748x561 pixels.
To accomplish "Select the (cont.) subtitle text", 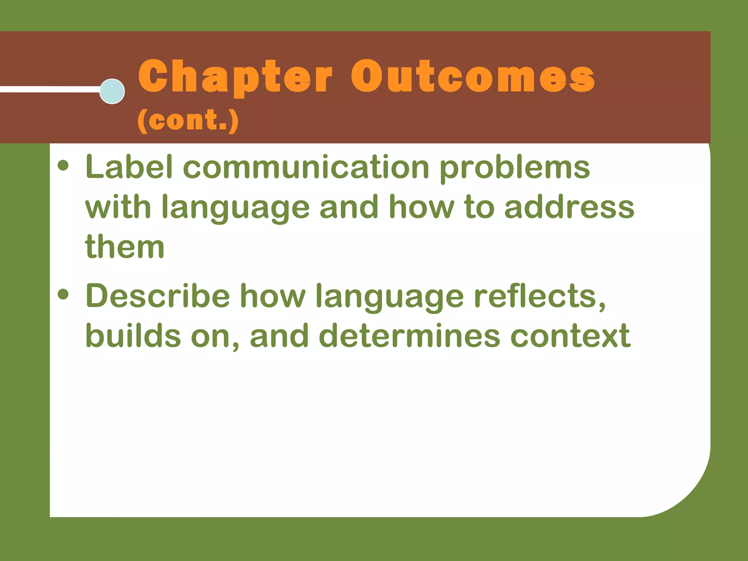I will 188,121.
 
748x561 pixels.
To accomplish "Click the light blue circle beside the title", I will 112,91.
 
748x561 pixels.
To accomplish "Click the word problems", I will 515,168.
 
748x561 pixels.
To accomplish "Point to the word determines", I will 409,336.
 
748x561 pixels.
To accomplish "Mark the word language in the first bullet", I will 235,209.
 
